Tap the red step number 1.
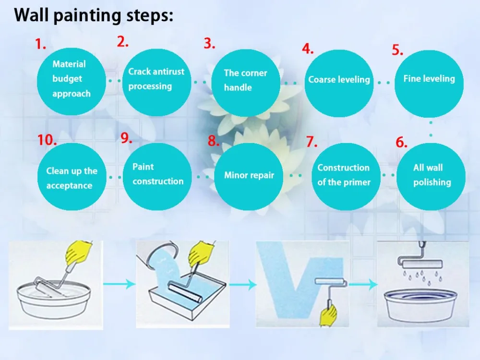coord(40,45)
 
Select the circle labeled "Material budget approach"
coord(71,79)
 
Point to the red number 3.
coord(209,44)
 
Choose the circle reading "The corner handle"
coord(245,82)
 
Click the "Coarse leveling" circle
coord(339,80)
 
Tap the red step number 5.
coord(397,50)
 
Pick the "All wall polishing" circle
coord(432,175)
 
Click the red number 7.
coord(312,142)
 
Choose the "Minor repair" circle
coord(249,176)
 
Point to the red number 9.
coord(126,139)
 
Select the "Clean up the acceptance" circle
coord(72,176)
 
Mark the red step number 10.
coord(47,141)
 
